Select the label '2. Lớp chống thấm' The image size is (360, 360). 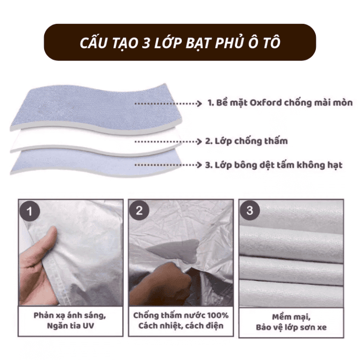tap(247, 141)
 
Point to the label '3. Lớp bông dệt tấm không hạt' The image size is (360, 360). tap(274, 165)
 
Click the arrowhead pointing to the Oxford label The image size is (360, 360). tap(199, 104)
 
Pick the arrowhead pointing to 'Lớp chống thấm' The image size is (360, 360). tap(199, 142)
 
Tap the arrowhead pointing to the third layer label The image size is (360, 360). tap(199, 165)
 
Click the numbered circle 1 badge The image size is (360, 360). tap(30, 211)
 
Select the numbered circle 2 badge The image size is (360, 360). tap(139, 210)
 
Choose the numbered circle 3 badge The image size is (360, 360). tap(249, 210)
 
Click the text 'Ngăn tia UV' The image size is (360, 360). tap(70, 326)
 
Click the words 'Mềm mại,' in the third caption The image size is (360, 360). tap(291, 317)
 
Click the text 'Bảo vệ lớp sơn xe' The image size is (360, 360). tap(291, 327)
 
